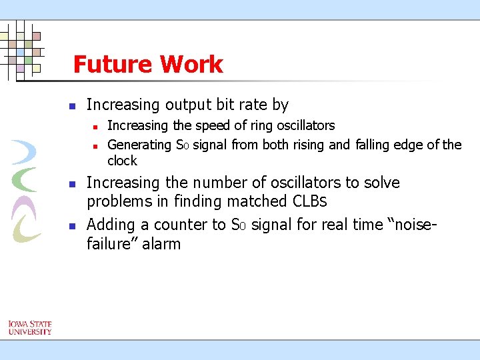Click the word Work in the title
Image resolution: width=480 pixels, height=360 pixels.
191,65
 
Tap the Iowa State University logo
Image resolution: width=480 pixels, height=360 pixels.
30,327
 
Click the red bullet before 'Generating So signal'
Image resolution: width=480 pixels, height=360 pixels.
95,145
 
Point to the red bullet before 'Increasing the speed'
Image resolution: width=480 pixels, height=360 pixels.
95,126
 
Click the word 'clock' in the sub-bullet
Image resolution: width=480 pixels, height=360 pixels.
122,161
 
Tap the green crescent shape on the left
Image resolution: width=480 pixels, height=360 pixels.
25,179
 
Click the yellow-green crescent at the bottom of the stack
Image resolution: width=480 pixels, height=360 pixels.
26,229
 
